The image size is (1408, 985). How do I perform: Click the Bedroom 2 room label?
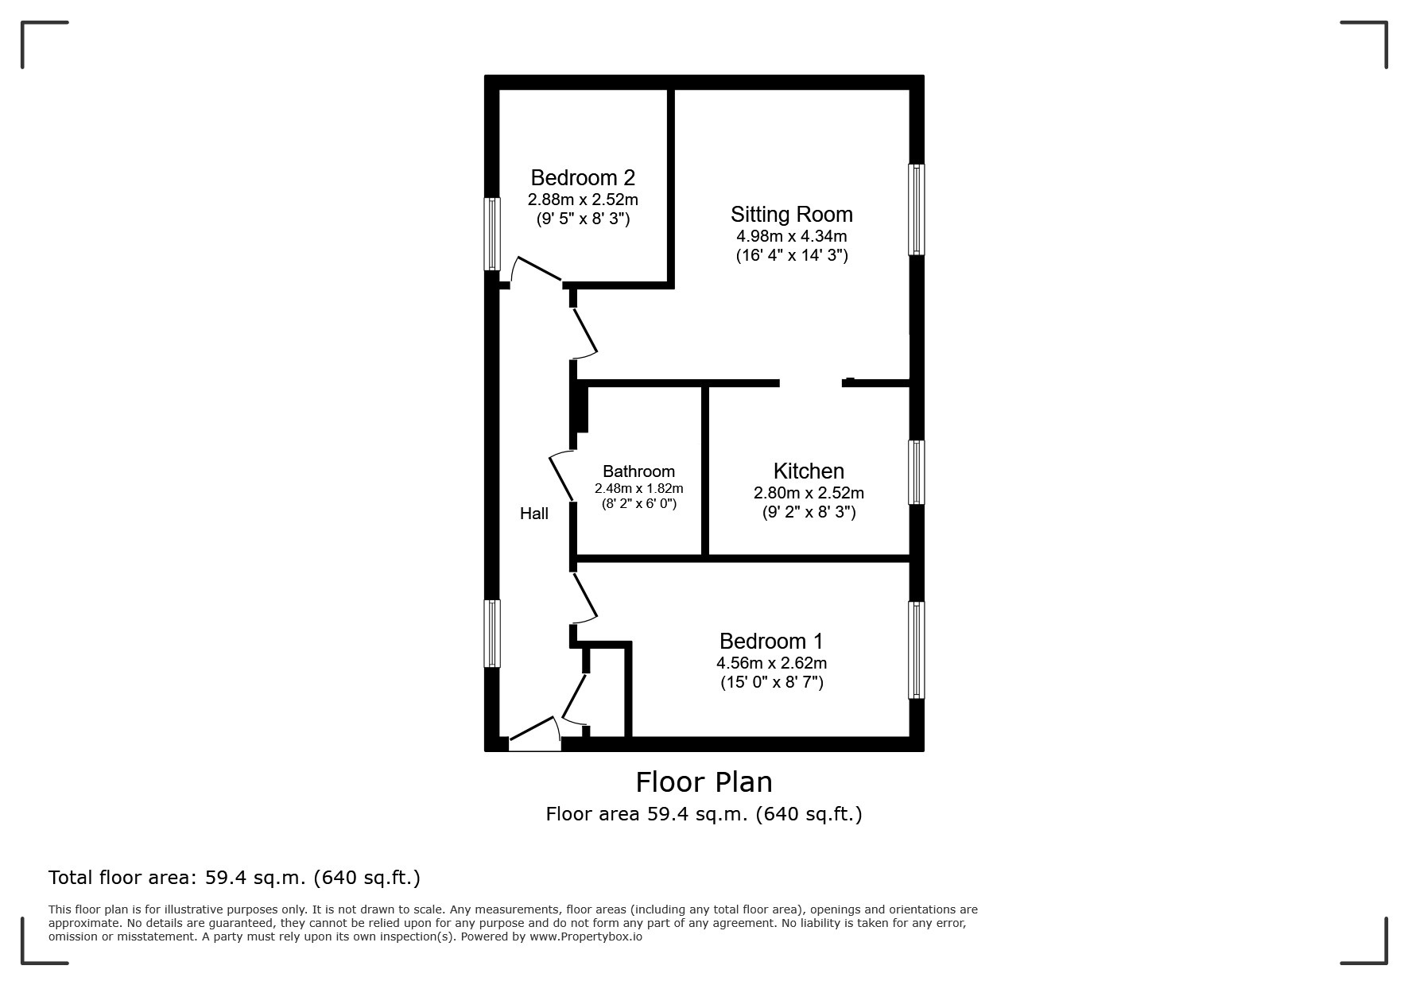(x=583, y=177)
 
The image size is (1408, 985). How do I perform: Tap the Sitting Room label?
(x=791, y=215)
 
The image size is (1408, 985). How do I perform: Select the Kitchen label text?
(x=809, y=471)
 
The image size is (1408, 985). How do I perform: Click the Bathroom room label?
(x=638, y=471)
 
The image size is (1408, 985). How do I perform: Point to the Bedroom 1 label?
(x=770, y=641)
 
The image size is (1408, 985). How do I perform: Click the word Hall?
(x=533, y=514)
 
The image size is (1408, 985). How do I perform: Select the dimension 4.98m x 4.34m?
(x=791, y=236)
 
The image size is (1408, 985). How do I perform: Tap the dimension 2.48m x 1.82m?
(x=638, y=488)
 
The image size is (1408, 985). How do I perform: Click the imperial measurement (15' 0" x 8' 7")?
(x=771, y=682)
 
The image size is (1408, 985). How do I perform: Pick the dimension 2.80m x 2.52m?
(x=809, y=493)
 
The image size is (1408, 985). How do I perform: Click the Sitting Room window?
(x=916, y=209)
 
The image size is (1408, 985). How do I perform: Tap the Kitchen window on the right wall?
(x=916, y=472)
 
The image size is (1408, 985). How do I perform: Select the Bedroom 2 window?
(x=492, y=234)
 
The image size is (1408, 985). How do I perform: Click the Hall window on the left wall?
(x=492, y=633)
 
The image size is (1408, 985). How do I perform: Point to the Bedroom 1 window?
(x=916, y=650)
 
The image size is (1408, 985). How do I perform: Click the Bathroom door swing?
(x=560, y=475)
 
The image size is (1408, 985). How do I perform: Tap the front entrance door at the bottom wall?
(x=534, y=736)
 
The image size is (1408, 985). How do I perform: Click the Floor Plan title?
(x=704, y=782)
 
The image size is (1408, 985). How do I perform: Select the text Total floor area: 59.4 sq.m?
(x=234, y=878)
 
